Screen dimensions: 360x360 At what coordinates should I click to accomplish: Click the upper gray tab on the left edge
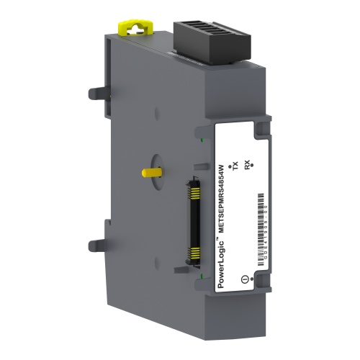click(x=93, y=93)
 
